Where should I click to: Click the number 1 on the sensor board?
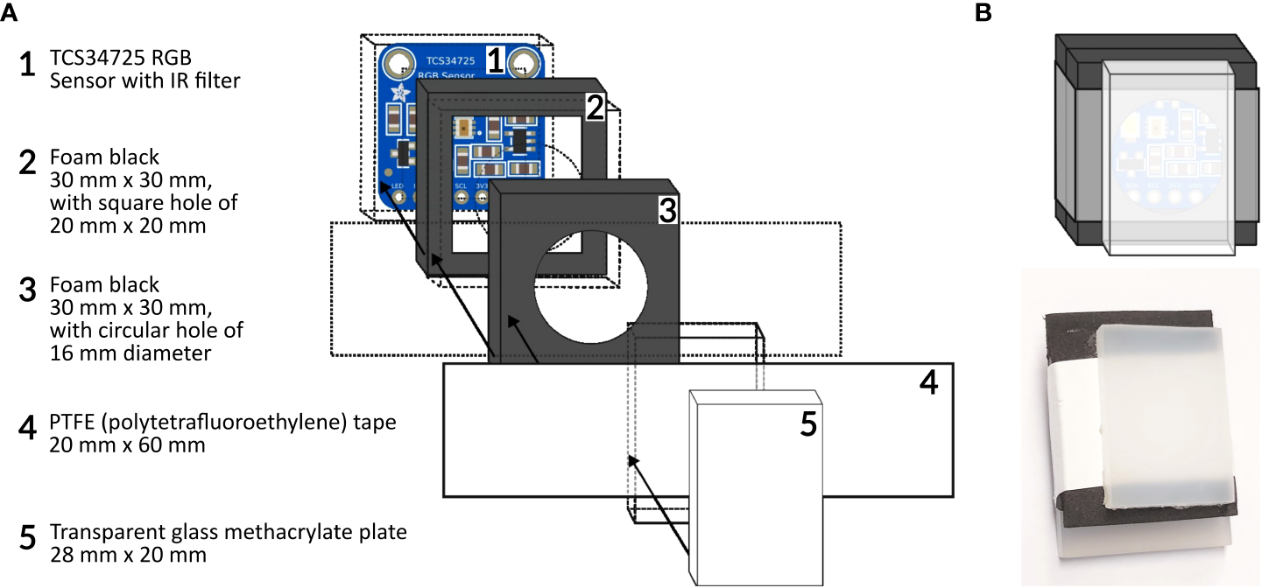495,61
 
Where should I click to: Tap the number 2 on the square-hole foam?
595,108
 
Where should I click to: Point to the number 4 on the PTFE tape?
930,383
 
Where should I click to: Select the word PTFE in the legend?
74,423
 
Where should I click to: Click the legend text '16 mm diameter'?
130,353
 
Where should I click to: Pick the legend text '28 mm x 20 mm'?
128,555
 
